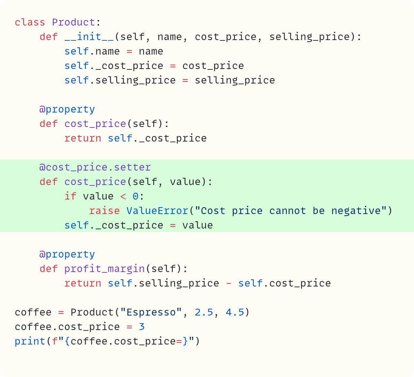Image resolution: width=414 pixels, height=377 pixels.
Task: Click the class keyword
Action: click(x=30, y=22)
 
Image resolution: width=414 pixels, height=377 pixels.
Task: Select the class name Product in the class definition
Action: click(x=73, y=22)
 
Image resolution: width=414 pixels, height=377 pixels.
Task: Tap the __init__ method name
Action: click(x=89, y=37)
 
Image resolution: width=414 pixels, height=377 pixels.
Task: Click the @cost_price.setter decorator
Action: click(x=95, y=167)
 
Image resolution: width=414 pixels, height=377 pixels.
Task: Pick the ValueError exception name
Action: click(x=157, y=211)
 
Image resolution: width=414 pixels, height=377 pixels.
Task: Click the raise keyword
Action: click(x=104, y=211)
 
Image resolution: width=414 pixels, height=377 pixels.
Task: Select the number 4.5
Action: click(x=235, y=312)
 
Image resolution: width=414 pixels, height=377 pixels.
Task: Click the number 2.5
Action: click(x=204, y=312)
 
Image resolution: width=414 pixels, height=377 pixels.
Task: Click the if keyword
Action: click(x=70, y=196)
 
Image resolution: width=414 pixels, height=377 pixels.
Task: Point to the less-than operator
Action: click(x=123, y=196)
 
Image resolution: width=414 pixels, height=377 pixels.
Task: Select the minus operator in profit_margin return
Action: click(x=229, y=283)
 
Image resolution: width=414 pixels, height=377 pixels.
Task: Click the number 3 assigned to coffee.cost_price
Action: click(x=142, y=327)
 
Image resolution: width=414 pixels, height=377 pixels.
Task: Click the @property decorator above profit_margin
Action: click(x=67, y=254)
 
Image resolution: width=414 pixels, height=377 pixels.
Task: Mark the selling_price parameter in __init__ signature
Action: click(x=309, y=37)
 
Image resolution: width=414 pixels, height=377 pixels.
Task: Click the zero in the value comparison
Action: click(x=136, y=196)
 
